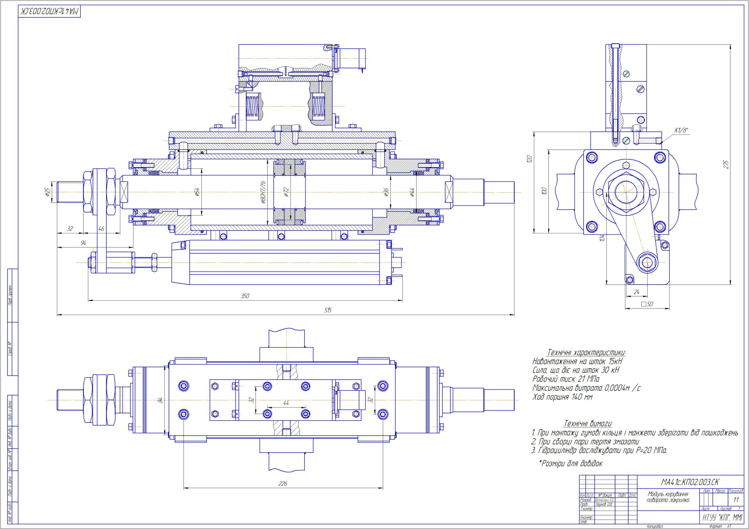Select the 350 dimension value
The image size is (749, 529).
[x=245, y=296]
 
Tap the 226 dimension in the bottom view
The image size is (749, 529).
[x=283, y=484]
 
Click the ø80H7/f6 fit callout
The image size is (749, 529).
[x=263, y=192]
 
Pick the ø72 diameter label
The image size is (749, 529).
[x=286, y=192]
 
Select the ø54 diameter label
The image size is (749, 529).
[x=197, y=192]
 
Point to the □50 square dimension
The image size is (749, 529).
[x=647, y=304]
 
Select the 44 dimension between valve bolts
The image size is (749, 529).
[x=286, y=403]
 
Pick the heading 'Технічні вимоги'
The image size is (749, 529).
[x=588, y=424]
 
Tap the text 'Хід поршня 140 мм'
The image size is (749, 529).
[x=562, y=397]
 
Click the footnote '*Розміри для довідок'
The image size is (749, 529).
[x=571, y=463]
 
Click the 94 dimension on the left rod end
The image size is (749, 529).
[x=83, y=243]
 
